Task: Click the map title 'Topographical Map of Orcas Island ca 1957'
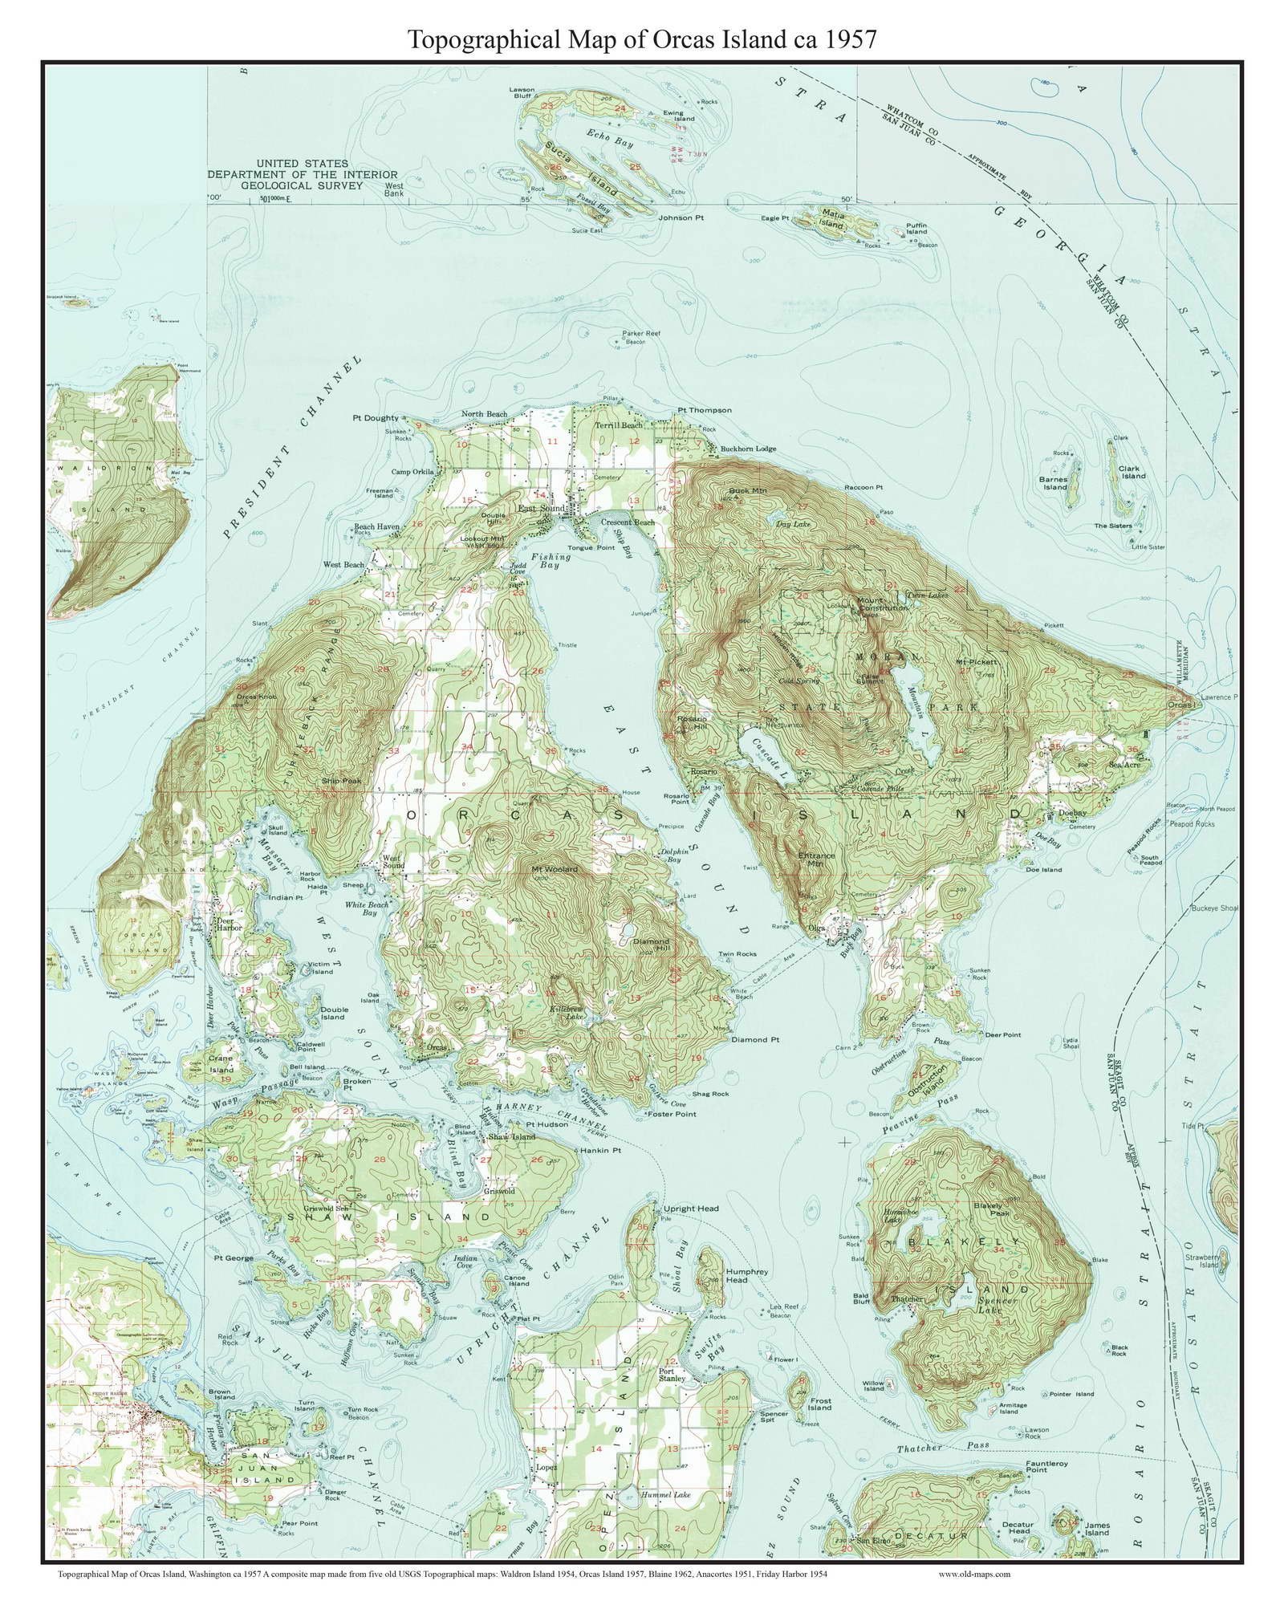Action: point(642,39)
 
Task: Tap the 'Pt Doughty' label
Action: point(375,418)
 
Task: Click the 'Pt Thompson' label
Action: point(704,410)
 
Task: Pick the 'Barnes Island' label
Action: point(1054,483)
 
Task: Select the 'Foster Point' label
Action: point(672,1114)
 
